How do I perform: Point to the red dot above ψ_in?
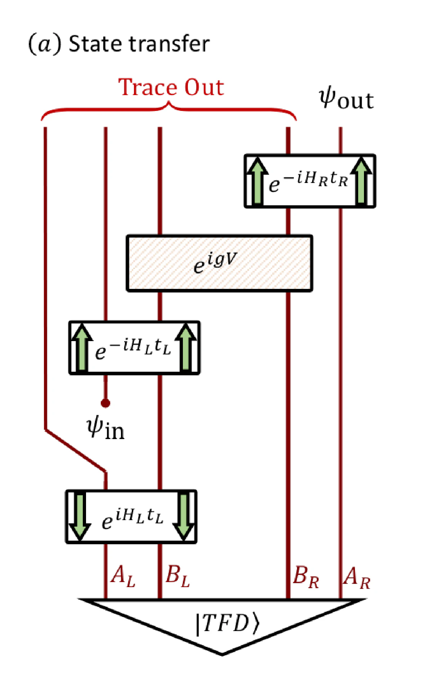pyautogui.click(x=105, y=403)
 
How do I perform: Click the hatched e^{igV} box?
pyautogui.click(x=219, y=263)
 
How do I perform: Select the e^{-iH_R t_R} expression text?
pyautogui.click(x=308, y=182)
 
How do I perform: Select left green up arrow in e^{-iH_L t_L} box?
pyautogui.click(x=82, y=347)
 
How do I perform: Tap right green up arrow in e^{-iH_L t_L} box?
pyautogui.click(x=186, y=347)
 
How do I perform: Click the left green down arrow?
pyautogui.click(x=80, y=517)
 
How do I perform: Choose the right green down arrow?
pyautogui.click(x=184, y=517)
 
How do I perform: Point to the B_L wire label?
pyautogui.click(x=177, y=576)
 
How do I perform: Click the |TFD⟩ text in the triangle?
pyautogui.click(x=227, y=623)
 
